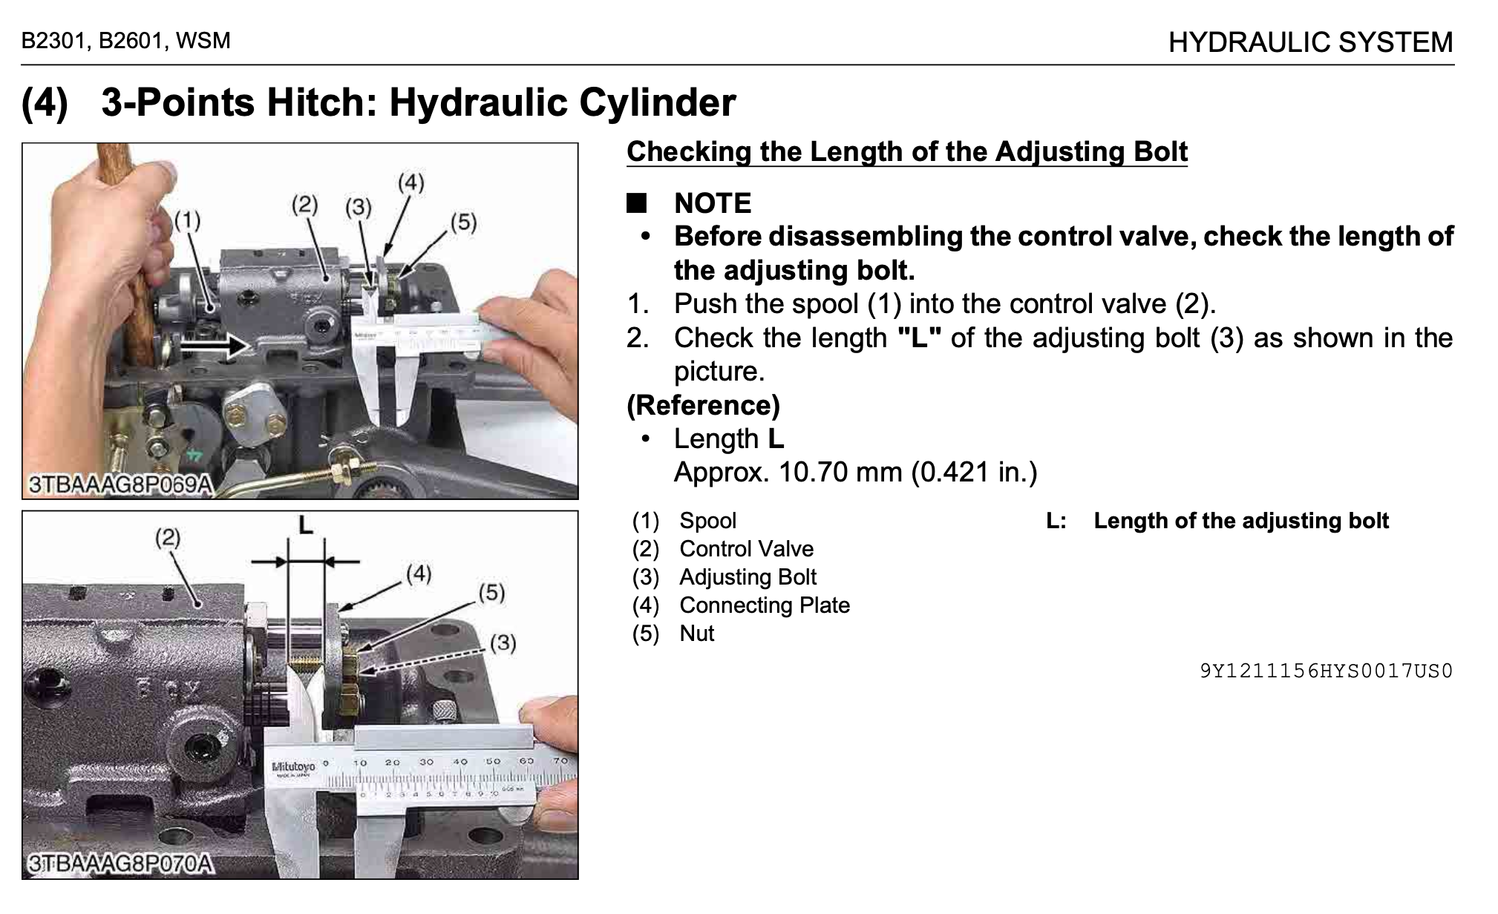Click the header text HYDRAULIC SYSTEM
[1310, 42]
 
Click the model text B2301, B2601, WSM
[126, 41]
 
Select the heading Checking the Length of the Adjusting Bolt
[907, 151]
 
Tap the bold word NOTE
[713, 203]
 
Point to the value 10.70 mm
[840, 472]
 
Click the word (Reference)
[703, 405]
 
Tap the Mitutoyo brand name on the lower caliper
[293, 766]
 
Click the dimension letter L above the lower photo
[305, 526]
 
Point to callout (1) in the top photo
[187, 220]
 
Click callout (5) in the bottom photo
[491, 592]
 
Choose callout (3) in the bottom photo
[503, 642]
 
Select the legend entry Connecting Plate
[765, 605]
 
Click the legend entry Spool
[707, 521]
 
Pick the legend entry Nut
[697, 634]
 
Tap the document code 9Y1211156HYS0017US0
[1327, 671]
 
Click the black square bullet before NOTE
[637, 203]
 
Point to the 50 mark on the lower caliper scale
[493, 762]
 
